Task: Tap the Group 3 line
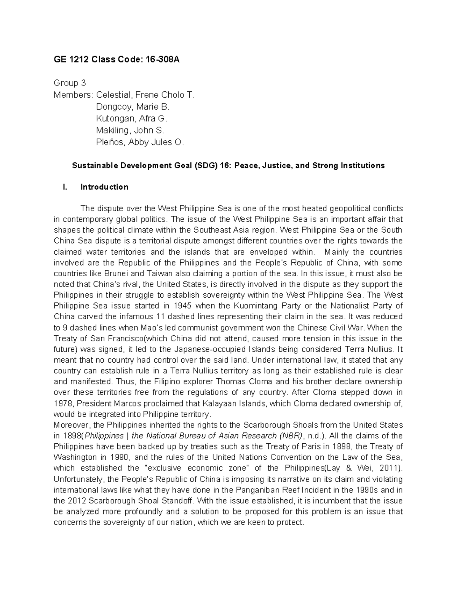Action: point(70,83)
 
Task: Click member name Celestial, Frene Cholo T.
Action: point(145,95)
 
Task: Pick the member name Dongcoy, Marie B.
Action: point(133,107)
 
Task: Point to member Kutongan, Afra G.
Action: point(131,118)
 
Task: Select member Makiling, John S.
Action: point(130,131)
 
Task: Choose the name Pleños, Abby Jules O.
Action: point(140,142)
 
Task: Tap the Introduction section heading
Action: point(104,187)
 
